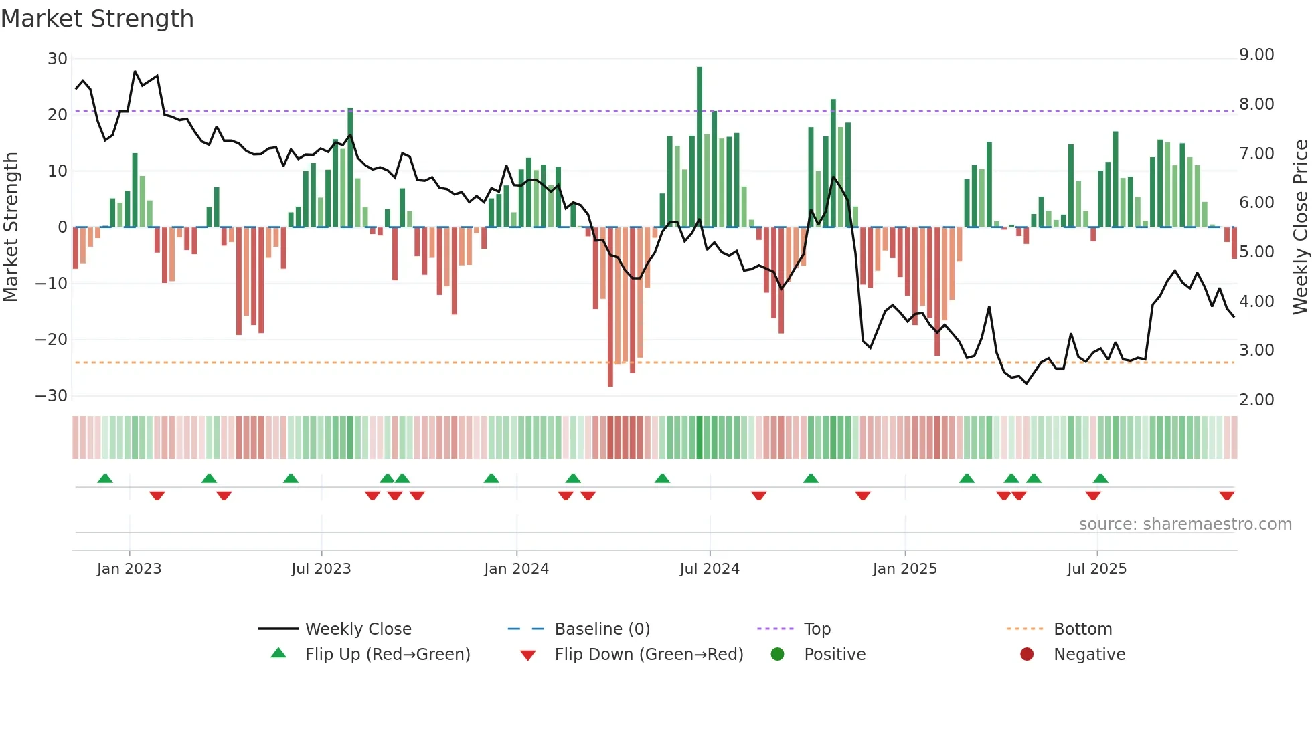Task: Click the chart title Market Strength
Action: pos(97,19)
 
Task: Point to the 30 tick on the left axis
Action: pos(57,59)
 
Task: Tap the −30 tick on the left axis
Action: pos(52,396)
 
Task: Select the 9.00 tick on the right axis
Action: pos(1256,55)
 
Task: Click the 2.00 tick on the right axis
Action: pos(1256,400)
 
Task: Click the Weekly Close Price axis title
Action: pos(1300,227)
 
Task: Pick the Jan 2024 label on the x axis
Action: pos(516,569)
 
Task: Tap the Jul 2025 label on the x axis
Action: pos(1096,569)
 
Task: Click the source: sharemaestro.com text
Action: pos(1185,524)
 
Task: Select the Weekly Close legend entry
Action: pos(358,629)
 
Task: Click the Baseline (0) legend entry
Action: pos(602,629)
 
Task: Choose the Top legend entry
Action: pos(817,629)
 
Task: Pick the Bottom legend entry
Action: pos(1082,629)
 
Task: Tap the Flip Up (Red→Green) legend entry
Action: pos(387,655)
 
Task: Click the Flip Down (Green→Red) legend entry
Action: pos(649,655)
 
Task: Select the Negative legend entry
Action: pos(1089,655)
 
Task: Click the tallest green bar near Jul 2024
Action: pos(700,147)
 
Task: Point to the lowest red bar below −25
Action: pos(610,308)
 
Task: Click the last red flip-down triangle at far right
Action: pos(1227,496)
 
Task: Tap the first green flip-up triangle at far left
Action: pos(105,478)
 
